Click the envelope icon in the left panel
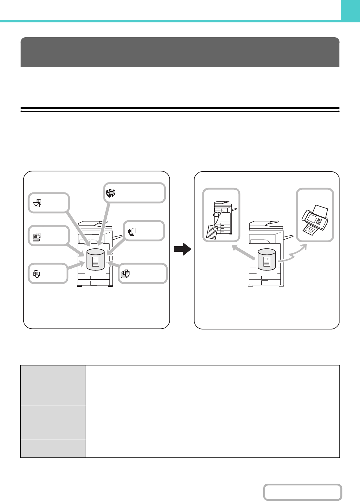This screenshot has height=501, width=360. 37,203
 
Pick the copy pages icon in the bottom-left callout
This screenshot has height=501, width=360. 37,274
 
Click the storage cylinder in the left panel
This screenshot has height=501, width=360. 95,260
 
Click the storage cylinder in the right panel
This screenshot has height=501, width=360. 267,260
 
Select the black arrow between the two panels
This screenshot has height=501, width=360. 182,250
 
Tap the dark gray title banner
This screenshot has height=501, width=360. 180,52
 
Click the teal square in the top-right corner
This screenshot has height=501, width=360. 350,10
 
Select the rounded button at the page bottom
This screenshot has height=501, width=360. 302,492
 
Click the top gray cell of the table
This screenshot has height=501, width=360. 53,385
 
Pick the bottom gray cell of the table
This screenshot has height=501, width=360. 53,448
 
